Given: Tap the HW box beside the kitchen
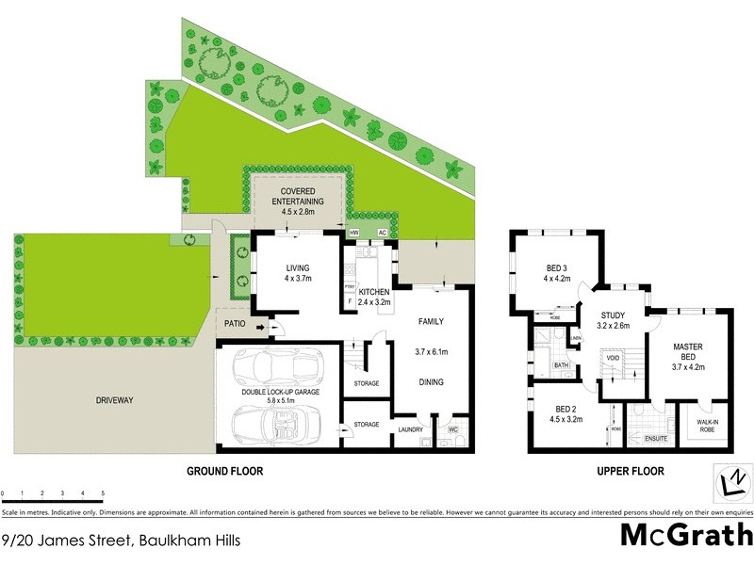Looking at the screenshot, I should click(355, 233).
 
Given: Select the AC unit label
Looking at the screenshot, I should click(383, 233).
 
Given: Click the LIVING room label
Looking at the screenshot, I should click(298, 267).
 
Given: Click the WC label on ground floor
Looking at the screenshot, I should click(453, 429).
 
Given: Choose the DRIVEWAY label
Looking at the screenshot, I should click(114, 400).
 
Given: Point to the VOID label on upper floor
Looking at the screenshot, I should click(614, 358).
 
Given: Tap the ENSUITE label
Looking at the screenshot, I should click(656, 439).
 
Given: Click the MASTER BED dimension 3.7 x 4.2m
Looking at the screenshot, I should click(687, 367).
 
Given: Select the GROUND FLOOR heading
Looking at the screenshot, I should click(224, 471).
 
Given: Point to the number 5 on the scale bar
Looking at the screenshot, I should click(102, 493).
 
